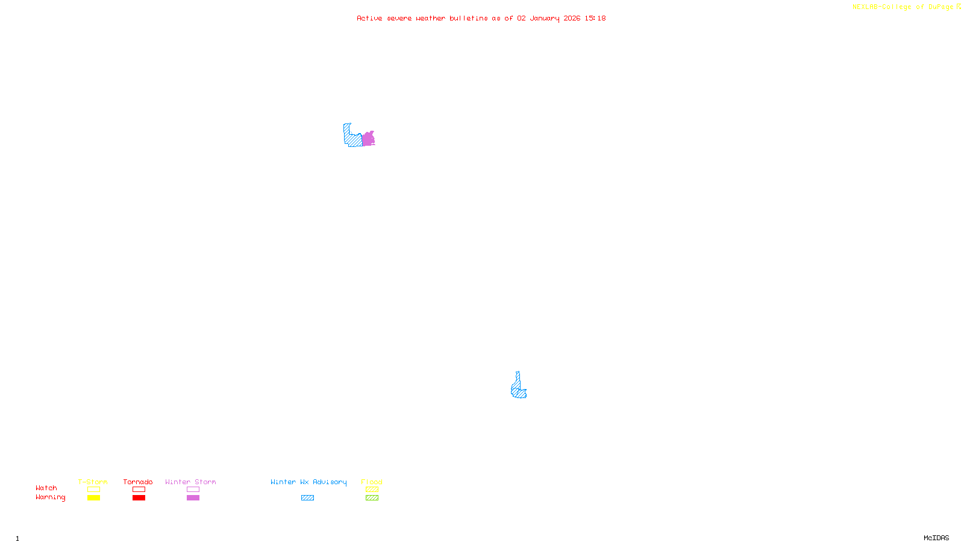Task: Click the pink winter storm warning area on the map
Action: (368, 139)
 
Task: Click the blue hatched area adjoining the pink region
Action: (352, 138)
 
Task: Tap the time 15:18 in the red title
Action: (595, 18)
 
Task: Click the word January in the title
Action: (544, 18)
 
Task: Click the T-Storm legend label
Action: (93, 482)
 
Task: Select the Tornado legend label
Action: (138, 482)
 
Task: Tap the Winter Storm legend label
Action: (190, 482)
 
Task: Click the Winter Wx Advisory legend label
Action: (308, 482)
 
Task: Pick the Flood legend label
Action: (372, 482)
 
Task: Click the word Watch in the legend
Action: (46, 488)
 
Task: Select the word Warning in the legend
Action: (50, 497)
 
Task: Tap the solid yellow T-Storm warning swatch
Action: (93, 498)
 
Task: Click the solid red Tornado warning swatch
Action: (139, 498)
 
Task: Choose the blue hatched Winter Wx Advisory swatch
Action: (307, 498)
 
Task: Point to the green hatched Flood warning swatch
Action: (372, 498)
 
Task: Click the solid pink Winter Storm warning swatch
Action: (193, 498)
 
